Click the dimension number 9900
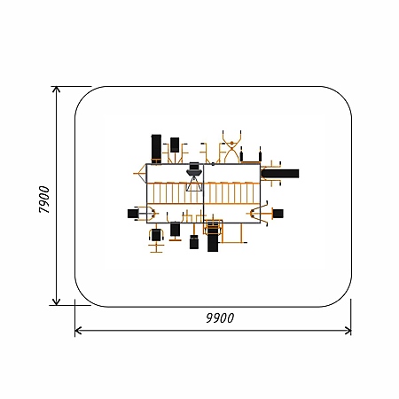220,317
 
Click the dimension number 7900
44,199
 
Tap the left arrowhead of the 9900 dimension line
78,331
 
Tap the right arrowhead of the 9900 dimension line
348,331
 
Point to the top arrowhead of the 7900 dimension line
56,90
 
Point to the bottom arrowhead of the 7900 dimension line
56,301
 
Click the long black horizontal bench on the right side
280,174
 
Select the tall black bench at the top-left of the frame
156,149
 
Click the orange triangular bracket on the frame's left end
141,174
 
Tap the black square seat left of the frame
133,214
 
